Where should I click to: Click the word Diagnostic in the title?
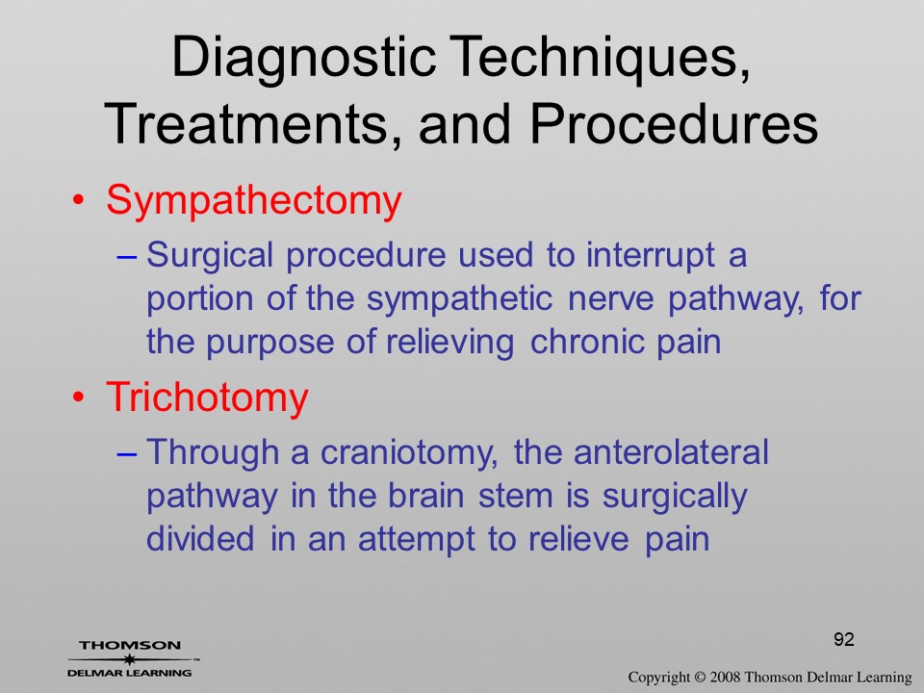click(303, 58)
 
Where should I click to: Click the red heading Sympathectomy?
click(253, 201)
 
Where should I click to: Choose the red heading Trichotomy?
click(207, 398)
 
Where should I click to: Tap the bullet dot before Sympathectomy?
click(78, 200)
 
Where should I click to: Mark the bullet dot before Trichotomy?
click(78, 398)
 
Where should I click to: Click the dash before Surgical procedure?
click(127, 257)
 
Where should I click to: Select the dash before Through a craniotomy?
click(127, 453)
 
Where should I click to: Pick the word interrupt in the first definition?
click(651, 256)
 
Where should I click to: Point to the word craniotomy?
click(409, 453)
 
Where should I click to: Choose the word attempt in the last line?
click(416, 540)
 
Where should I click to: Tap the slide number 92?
click(844, 639)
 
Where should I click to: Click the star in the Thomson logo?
click(128, 658)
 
